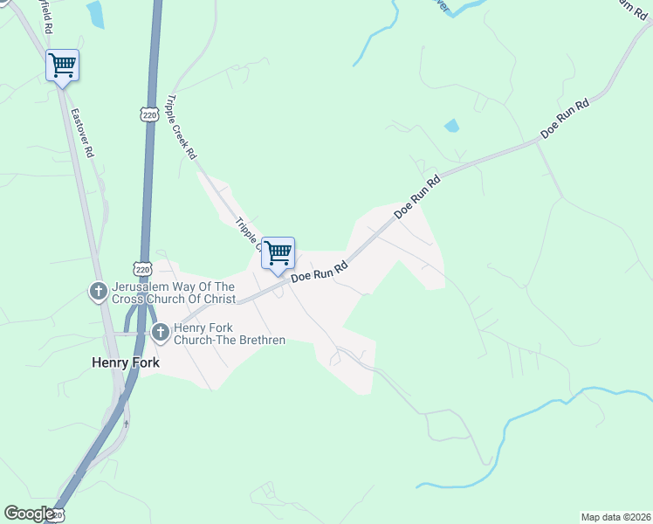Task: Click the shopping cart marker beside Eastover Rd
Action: tap(62, 65)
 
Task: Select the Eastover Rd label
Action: tap(83, 133)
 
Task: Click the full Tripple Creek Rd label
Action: tap(182, 128)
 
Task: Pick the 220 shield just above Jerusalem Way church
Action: tap(143, 268)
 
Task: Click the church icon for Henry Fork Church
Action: tap(160, 332)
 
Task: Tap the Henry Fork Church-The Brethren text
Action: tap(229, 334)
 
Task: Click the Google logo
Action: tap(29, 514)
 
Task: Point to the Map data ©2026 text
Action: tap(615, 517)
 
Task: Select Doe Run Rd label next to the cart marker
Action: tap(320, 272)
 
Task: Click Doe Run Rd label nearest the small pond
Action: tap(565, 119)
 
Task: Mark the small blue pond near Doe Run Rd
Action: tap(451, 126)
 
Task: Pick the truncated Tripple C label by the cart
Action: tap(247, 233)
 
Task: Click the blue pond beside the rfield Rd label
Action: tap(95, 14)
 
